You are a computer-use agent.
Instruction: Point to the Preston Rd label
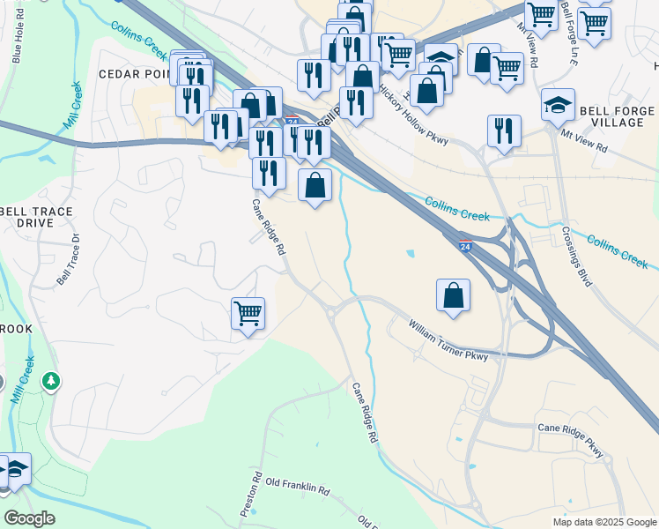pyautogui.click(x=252, y=496)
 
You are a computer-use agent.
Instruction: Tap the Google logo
pyautogui.click(x=29, y=518)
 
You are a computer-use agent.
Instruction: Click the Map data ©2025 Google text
pyautogui.click(x=603, y=522)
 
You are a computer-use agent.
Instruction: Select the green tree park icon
pyautogui.click(x=52, y=381)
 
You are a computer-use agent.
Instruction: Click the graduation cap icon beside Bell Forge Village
pyautogui.click(x=558, y=106)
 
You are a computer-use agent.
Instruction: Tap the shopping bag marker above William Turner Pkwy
pyautogui.click(x=453, y=296)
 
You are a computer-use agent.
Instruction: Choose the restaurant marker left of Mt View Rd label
pyautogui.click(x=503, y=131)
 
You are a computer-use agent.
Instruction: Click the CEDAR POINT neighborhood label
pyautogui.click(x=133, y=74)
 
